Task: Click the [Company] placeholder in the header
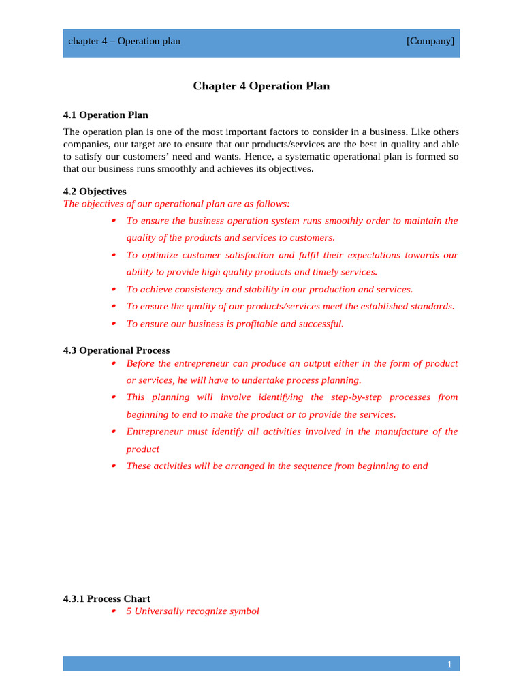pos(430,41)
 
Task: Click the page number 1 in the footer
pos(449,665)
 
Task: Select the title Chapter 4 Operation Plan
pos(261,86)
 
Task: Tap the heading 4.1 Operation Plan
pos(106,115)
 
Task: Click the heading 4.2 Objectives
pos(95,192)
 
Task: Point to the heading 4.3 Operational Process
pos(116,350)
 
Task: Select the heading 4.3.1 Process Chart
pos(107,598)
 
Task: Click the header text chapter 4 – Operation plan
pos(124,41)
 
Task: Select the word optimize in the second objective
pos(163,255)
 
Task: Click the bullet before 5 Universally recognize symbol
pos(113,611)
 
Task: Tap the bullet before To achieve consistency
pos(113,290)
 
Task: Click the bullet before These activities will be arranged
pos(113,466)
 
